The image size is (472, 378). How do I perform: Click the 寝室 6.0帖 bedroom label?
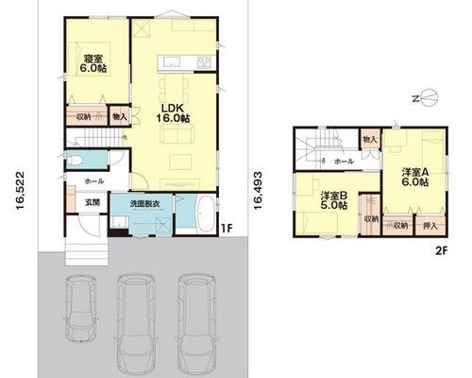(93, 64)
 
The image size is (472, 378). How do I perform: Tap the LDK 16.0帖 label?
(173, 113)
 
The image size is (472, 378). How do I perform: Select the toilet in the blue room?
(75, 161)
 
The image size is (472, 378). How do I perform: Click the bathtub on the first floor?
(206, 215)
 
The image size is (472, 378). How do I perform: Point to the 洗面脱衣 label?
(145, 204)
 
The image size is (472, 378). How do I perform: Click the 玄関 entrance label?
(93, 202)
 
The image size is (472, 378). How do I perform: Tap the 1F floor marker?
(227, 229)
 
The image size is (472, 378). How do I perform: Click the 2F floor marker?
(441, 251)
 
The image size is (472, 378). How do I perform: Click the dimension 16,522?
(20, 191)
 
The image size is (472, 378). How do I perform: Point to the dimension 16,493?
(258, 191)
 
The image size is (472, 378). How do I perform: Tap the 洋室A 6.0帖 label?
(415, 177)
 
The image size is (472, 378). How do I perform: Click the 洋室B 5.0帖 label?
(334, 200)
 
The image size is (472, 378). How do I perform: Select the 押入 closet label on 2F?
(430, 226)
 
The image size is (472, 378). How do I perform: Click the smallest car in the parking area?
(81, 308)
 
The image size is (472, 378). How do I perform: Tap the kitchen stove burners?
(205, 61)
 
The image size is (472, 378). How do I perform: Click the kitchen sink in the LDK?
(171, 62)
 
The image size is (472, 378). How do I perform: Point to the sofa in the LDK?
(177, 134)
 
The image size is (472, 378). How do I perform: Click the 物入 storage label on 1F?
(120, 117)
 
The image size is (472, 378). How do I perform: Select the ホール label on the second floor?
(344, 162)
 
